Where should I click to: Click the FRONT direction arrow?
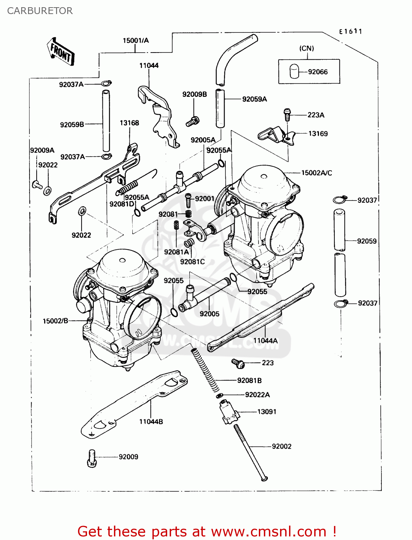pos(60,52)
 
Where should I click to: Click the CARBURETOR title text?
pos(40,11)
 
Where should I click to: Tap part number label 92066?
pos(318,72)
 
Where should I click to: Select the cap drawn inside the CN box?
pos(294,71)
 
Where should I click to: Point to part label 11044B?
pos(151,422)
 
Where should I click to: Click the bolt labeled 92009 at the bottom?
pos(92,458)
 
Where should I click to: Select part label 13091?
pos(267,411)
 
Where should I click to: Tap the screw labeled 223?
pos(238,363)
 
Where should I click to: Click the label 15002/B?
pos(55,321)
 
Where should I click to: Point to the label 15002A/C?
pos(316,173)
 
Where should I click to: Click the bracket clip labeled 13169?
pos(275,136)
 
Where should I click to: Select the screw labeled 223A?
pos(287,114)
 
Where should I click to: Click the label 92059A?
pos(255,99)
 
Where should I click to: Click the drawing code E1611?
pos(350,31)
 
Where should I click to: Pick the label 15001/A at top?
pos(136,40)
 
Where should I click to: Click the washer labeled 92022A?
pos(220,396)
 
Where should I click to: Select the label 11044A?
pos(265,341)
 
